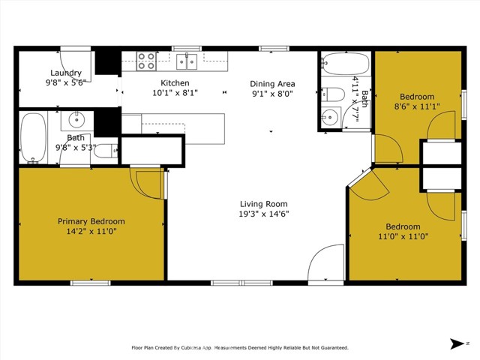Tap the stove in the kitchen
tap(146, 60)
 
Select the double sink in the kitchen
tap(187, 60)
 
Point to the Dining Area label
tap(272, 83)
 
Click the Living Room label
tap(263, 204)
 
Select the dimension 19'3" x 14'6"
tap(263, 214)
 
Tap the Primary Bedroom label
tap(91, 221)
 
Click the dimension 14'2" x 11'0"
tap(91, 232)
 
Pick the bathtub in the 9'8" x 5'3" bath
tap(33, 137)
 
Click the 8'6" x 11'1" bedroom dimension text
tap(416, 107)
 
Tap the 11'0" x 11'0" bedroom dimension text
tap(403, 237)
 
